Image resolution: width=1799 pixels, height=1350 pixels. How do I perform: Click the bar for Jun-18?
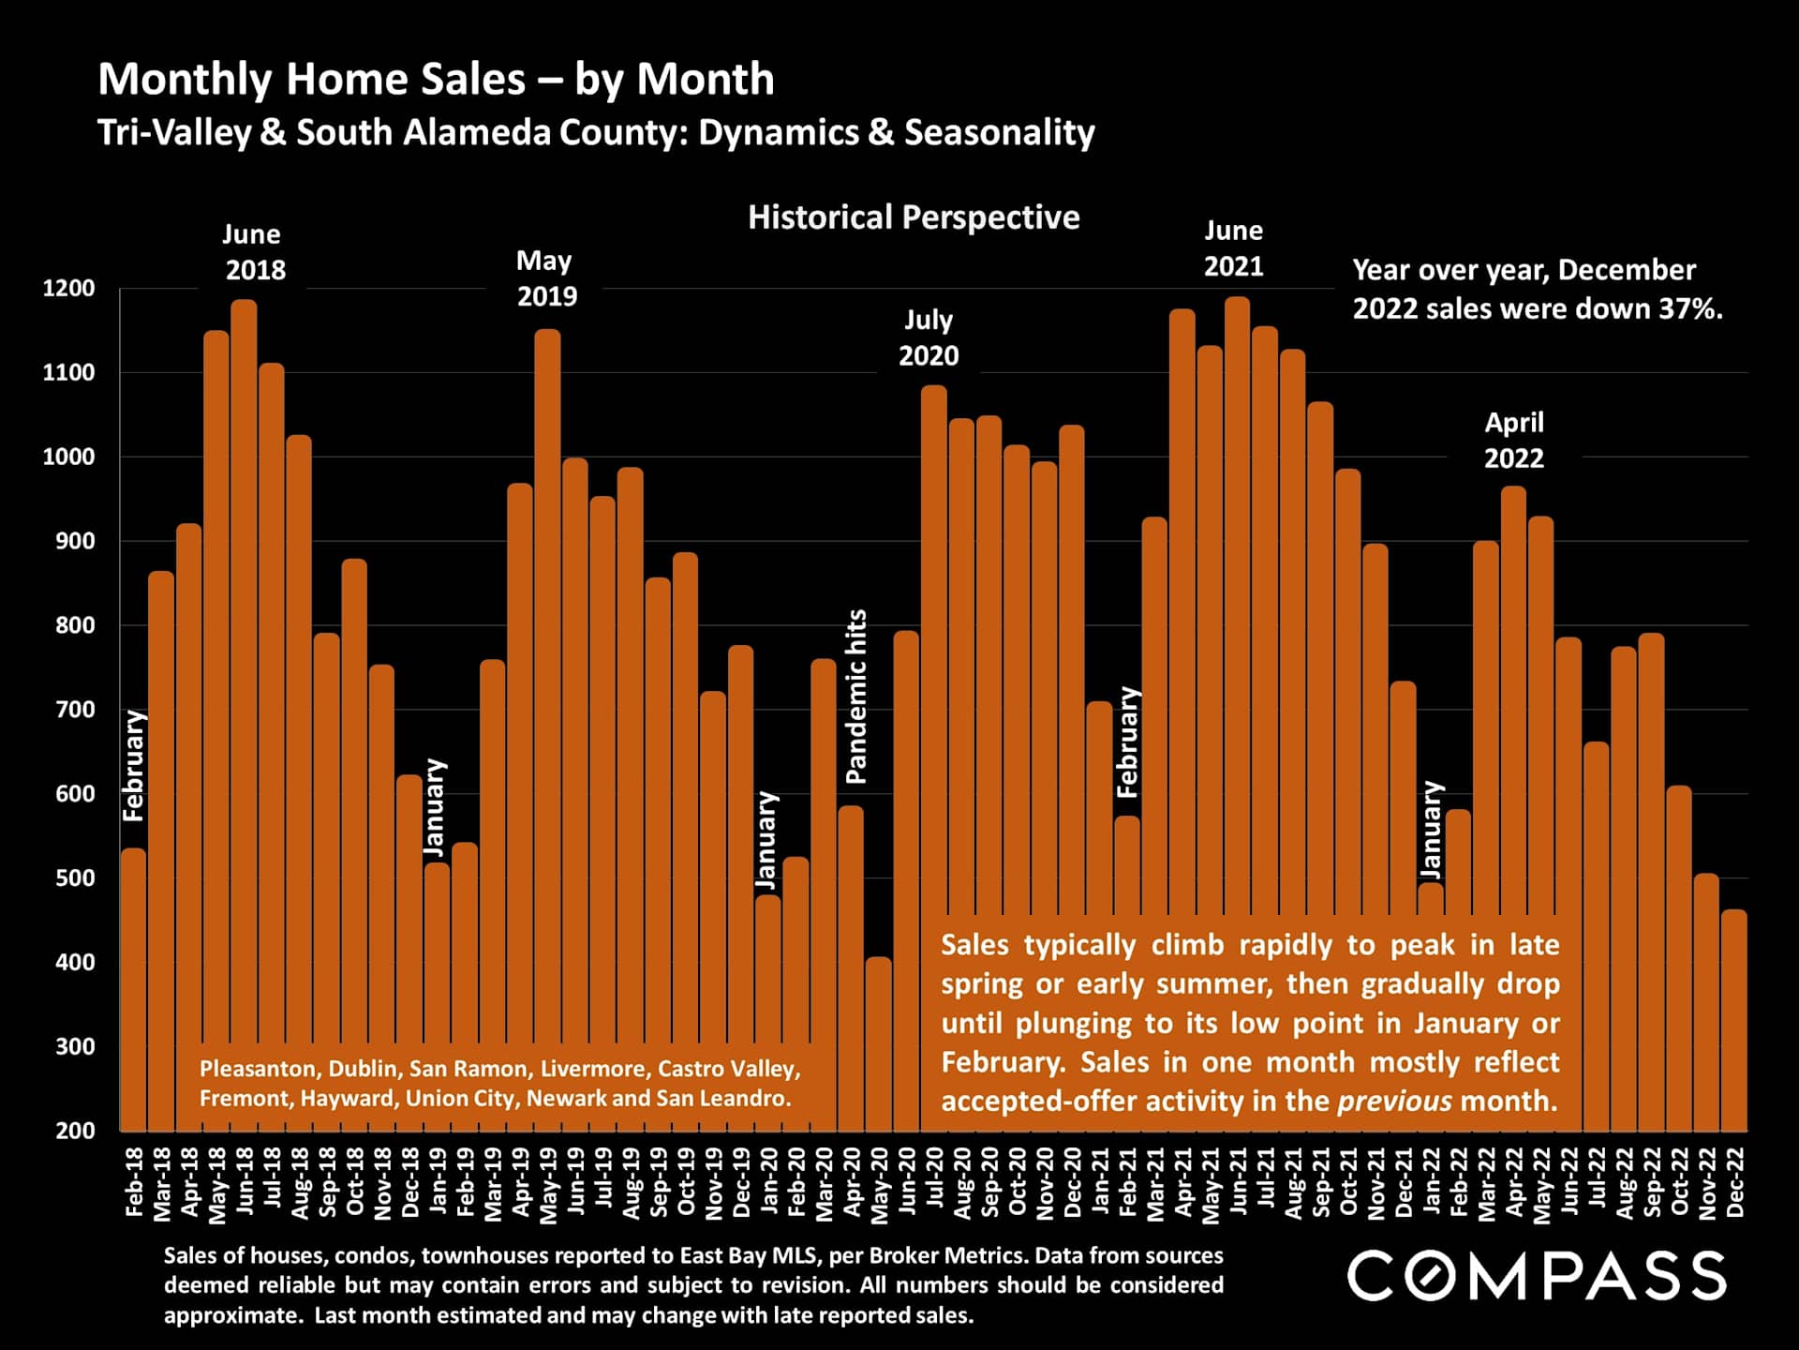pos(244,656)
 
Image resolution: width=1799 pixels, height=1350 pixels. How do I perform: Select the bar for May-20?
pos(878,1041)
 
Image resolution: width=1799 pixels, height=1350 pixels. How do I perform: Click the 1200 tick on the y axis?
pos(68,289)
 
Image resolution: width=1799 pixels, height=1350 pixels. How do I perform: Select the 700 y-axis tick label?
pos(70,710)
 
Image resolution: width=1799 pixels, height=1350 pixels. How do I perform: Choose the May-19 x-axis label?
pos(548,1184)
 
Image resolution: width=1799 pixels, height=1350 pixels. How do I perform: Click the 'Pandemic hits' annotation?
pos(856,697)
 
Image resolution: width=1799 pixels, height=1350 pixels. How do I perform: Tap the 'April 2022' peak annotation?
pos(1513,440)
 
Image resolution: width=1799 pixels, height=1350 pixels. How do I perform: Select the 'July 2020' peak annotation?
pos(928,337)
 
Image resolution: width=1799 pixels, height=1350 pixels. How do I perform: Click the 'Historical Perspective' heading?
pos(914,217)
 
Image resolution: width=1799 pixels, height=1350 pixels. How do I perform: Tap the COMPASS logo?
pos(1537,1276)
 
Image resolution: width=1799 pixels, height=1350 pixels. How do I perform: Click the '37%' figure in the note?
pos(1690,309)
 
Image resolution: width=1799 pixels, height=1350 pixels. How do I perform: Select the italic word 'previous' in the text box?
pos(1394,1101)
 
